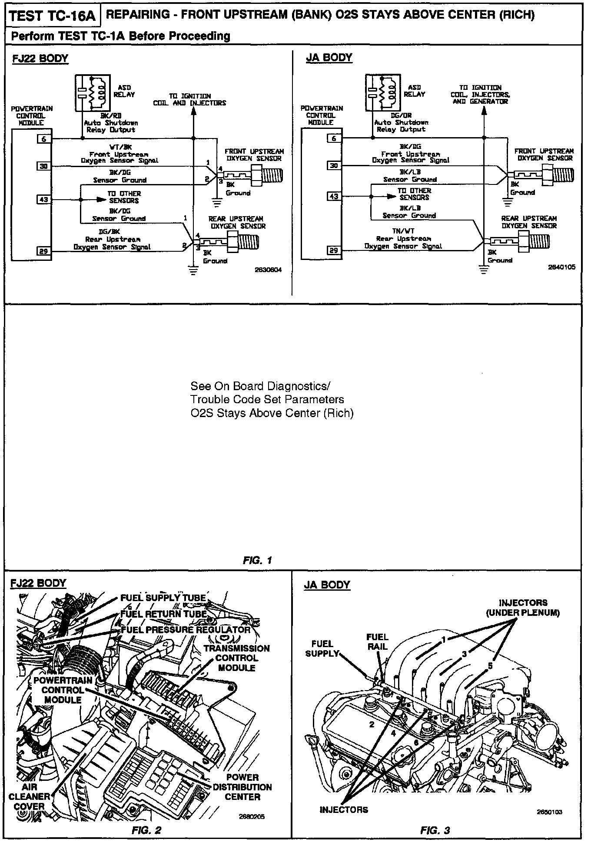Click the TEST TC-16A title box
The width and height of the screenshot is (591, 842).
(52, 16)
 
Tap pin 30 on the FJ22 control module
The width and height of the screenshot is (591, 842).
(44, 166)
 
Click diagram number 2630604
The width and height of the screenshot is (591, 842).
(268, 270)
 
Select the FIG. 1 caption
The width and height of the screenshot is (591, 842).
(257, 560)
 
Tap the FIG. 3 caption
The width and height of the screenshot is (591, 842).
(435, 831)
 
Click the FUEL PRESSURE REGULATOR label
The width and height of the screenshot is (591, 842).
(186, 630)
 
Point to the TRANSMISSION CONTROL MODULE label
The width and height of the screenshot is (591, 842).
(236, 658)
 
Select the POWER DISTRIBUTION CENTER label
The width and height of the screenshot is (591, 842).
(242, 787)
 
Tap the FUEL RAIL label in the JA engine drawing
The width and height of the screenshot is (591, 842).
(377, 641)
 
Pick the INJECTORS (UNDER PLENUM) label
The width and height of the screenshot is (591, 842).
(523, 608)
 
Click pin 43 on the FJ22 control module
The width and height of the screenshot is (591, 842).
(44, 200)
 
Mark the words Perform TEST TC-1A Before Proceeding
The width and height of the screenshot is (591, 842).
(120, 36)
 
